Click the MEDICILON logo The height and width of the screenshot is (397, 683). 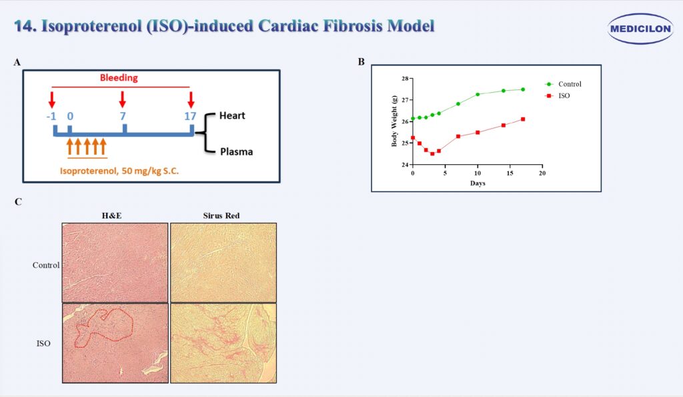(x=640, y=29)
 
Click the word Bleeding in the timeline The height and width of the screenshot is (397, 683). (x=119, y=77)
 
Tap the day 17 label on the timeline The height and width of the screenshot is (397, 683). (x=190, y=116)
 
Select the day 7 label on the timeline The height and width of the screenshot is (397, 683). (x=123, y=116)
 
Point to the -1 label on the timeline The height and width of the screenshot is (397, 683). (x=51, y=116)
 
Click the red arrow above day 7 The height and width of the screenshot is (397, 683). (x=123, y=99)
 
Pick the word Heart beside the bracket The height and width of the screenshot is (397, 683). (x=232, y=115)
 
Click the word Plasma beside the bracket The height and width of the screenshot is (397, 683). (x=237, y=151)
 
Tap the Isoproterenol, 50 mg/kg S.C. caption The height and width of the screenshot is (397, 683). (x=119, y=171)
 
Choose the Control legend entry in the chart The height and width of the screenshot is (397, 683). (x=564, y=84)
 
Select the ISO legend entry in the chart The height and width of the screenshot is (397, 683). (x=558, y=96)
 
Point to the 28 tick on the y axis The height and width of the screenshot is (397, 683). (x=405, y=79)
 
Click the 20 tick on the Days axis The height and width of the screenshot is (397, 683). (x=542, y=173)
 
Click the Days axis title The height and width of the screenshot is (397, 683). (x=478, y=183)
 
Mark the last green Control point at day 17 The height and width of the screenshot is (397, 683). (x=523, y=89)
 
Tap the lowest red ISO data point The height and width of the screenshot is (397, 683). (x=432, y=154)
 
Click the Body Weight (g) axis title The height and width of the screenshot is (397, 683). (x=394, y=121)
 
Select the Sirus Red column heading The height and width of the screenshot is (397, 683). (x=221, y=216)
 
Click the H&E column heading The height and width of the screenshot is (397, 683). (x=112, y=216)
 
